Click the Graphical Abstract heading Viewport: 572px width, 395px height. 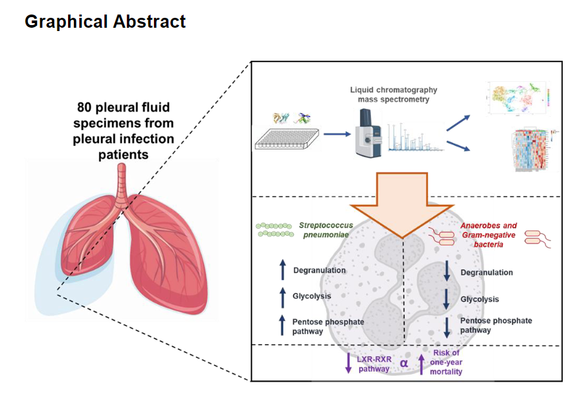coord(105,22)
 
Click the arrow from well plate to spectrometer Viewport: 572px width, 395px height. coord(336,134)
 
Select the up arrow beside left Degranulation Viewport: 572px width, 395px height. coord(283,269)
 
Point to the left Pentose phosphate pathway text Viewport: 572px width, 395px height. coord(328,326)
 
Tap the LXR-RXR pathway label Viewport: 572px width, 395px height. coord(375,363)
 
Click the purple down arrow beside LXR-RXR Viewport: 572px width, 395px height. coord(349,363)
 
